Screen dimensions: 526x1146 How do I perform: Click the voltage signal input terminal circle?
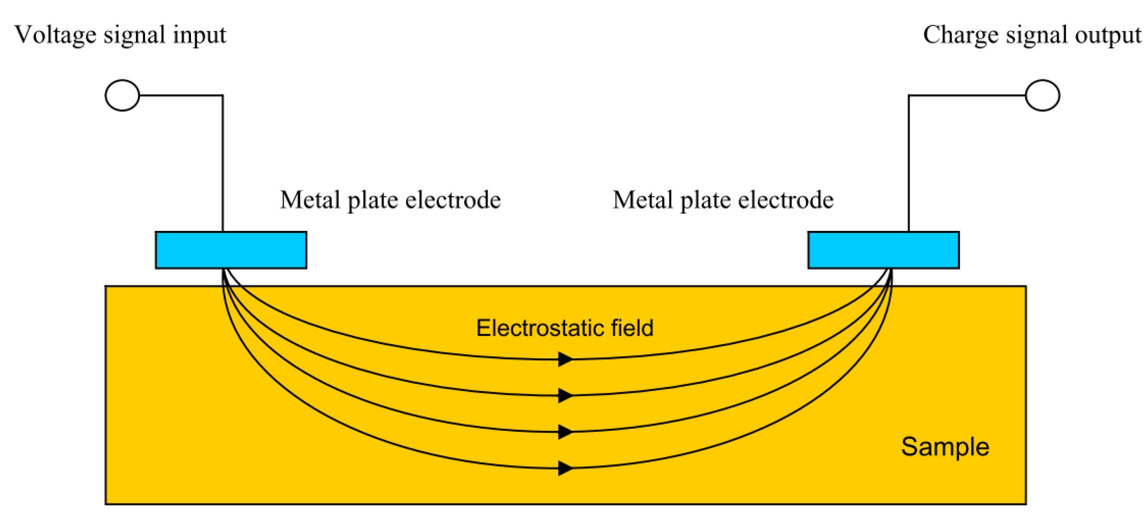(x=122, y=95)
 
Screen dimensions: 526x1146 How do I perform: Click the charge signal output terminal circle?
(x=1042, y=95)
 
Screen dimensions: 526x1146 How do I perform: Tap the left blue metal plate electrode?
(x=231, y=250)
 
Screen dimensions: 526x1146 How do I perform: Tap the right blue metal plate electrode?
(x=884, y=250)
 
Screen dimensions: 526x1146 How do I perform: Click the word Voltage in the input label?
(x=55, y=35)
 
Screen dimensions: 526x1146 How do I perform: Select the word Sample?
(x=945, y=446)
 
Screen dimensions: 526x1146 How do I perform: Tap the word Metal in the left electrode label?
(x=310, y=200)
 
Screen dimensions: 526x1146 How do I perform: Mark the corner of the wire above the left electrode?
(x=222, y=95)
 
